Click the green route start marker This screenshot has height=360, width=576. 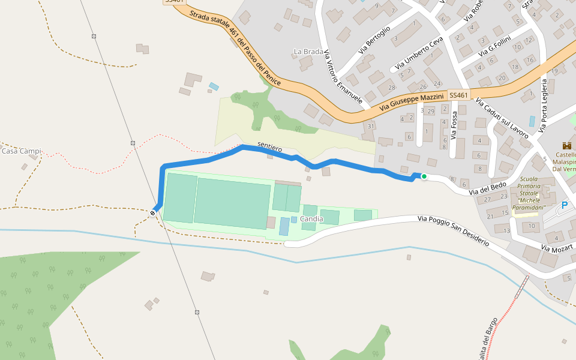pos(424,176)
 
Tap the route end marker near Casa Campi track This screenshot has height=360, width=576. pos(154,212)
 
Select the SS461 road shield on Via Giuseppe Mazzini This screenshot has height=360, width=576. pos(458,95)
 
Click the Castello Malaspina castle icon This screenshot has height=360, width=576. pos(566,145)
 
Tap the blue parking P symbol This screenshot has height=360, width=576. pos(564,206)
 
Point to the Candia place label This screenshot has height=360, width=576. pos(311,219)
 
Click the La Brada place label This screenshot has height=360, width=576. pos(308,52)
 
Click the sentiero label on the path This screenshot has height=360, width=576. pos(269,145)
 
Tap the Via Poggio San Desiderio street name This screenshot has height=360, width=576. pos(453,231)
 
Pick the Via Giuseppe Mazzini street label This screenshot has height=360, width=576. pos(412,103)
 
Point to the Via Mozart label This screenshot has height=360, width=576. pos(557,247)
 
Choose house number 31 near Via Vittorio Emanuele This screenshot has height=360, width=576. pos(371,126)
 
